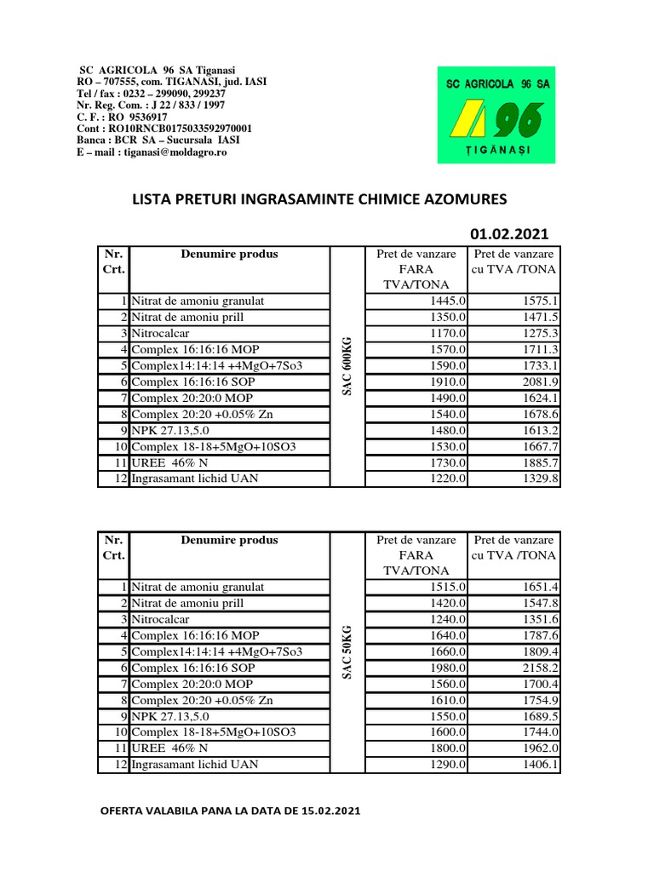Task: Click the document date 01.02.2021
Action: click(509, 234)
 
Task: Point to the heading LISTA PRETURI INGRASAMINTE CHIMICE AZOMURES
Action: click(318, 199)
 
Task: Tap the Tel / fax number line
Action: click(151, 94)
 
